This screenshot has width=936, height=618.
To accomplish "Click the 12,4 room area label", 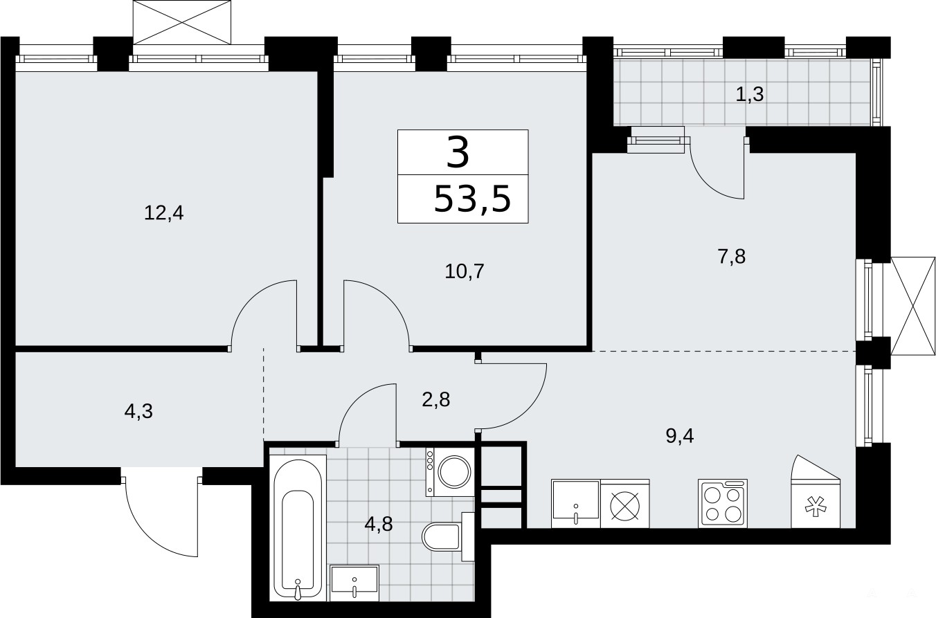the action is point(164,213).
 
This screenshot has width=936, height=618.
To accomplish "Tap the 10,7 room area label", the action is point(465,271).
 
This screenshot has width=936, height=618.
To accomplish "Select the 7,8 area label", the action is point(732,256).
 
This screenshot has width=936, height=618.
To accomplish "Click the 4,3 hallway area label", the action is point(138,411).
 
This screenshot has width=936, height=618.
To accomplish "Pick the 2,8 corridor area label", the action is point(436,399).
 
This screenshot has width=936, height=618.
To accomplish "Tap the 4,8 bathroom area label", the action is point(379,524).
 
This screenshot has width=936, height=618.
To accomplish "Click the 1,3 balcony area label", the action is point(750,94).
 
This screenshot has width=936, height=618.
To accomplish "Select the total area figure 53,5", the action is point(473,199).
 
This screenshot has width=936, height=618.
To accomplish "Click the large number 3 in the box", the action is point(458,153).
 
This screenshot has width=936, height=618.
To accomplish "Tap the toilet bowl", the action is point(443,536).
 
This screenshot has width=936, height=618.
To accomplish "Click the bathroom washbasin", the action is point(354,583).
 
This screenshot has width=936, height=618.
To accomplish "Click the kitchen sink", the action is point(576,503).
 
